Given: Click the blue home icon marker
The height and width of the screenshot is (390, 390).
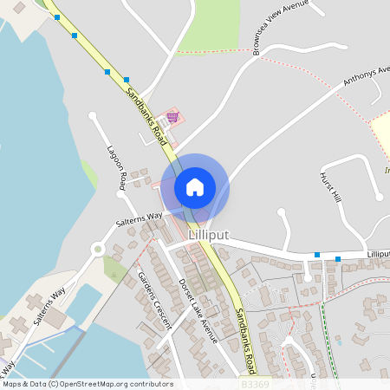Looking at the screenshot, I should pyautogui.click(x=194, y=186).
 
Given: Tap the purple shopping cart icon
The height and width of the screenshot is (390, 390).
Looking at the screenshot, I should pyautogui.click(x=172, y=116).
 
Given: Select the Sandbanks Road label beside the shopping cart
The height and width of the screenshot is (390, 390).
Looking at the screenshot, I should pyautogui.click(x=144, y=113).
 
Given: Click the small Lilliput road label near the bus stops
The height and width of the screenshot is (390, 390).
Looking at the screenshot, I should pyautogui.click(x=378, y=254).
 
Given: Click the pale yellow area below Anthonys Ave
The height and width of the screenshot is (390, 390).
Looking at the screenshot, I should pyautogui.click(x=381, y=134).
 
